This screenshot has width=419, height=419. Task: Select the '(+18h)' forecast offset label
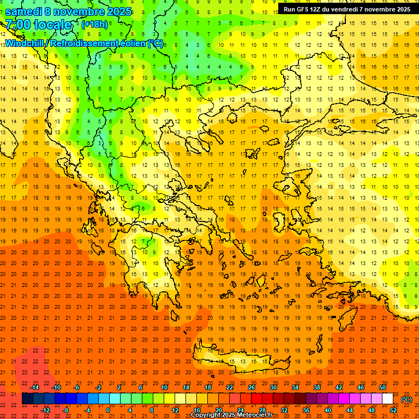(x=94, y=25)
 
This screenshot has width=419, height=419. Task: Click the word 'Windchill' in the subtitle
(x=25, y=43)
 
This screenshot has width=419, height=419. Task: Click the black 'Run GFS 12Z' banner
(x=347, y=9)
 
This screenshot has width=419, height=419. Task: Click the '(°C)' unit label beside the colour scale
(x=406, y=399)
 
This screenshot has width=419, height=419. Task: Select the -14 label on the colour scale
(x=34, y=387)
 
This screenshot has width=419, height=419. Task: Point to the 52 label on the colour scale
(x=393, y=410)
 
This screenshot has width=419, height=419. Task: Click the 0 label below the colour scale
(x=108, y=410)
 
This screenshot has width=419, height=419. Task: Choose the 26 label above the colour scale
(x=252, y=387)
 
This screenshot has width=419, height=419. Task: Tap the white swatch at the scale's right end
(x=388, y=399)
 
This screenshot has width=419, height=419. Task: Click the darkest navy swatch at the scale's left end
(x=27, y=399)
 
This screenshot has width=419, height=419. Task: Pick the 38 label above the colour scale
(x=317, y=387)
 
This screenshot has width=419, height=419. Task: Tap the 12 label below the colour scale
(x=175, y=410)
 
